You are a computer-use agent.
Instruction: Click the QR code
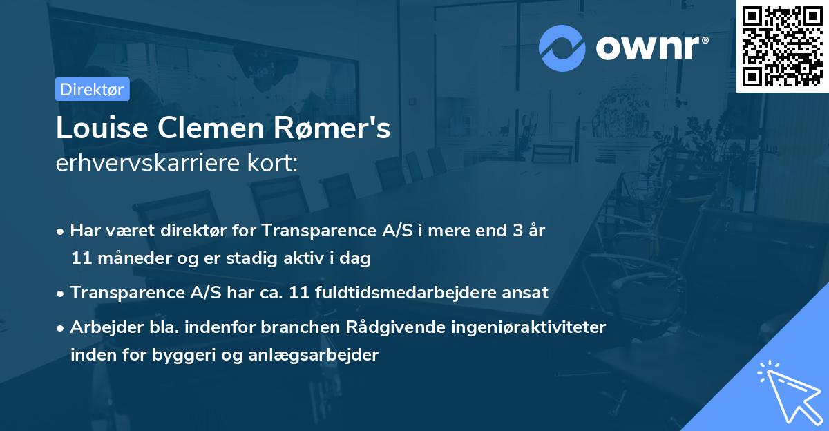pyautogui.click(x=782, y=46)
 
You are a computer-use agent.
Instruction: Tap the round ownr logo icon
pyautogui.click(x=562, y=48)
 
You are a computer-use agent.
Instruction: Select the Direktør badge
pyautogui.click(x=92, y=89)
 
